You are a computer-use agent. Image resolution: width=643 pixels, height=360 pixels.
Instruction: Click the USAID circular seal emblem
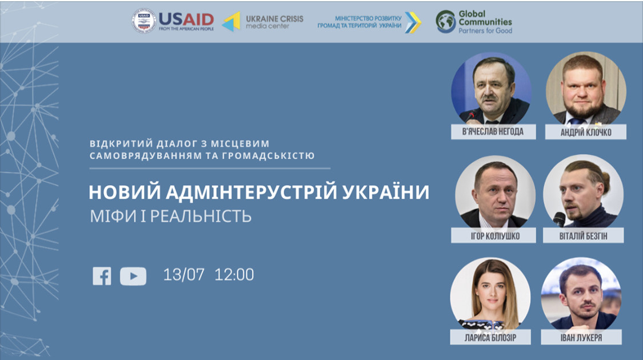click(x=143, y=21)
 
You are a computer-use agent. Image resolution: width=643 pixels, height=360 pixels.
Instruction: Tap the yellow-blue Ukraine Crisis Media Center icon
click(x=231, y=22)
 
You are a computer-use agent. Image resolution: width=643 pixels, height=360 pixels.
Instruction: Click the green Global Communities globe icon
click(x=446, y=21)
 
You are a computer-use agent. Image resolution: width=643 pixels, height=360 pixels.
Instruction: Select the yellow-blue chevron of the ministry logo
click(x=413, y=22)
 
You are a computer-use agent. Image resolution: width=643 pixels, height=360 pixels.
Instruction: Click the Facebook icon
click(x=102, y=276)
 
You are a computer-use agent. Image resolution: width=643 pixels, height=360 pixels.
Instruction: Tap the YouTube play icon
click(x=133, y=276)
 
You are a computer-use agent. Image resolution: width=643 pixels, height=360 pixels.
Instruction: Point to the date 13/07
click(x=183, y=274)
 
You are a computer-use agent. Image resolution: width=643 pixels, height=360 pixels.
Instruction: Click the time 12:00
click(x=234, y=274)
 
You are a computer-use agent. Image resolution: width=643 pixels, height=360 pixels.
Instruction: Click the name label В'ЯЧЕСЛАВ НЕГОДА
click(x=493, y=131)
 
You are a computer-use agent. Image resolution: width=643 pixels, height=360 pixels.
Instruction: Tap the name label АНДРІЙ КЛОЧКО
click(x=586, y=132)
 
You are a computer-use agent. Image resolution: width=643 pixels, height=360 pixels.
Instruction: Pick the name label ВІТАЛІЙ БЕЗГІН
click(x=583, y=236)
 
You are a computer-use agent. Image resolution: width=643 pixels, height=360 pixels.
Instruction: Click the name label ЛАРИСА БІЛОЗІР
click(x=490, y=338)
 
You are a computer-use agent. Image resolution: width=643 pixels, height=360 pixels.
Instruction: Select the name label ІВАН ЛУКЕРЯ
click(x=581, y=338)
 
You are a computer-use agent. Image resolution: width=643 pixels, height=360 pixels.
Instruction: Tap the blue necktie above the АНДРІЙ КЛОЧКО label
click(x=578, y=121)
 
